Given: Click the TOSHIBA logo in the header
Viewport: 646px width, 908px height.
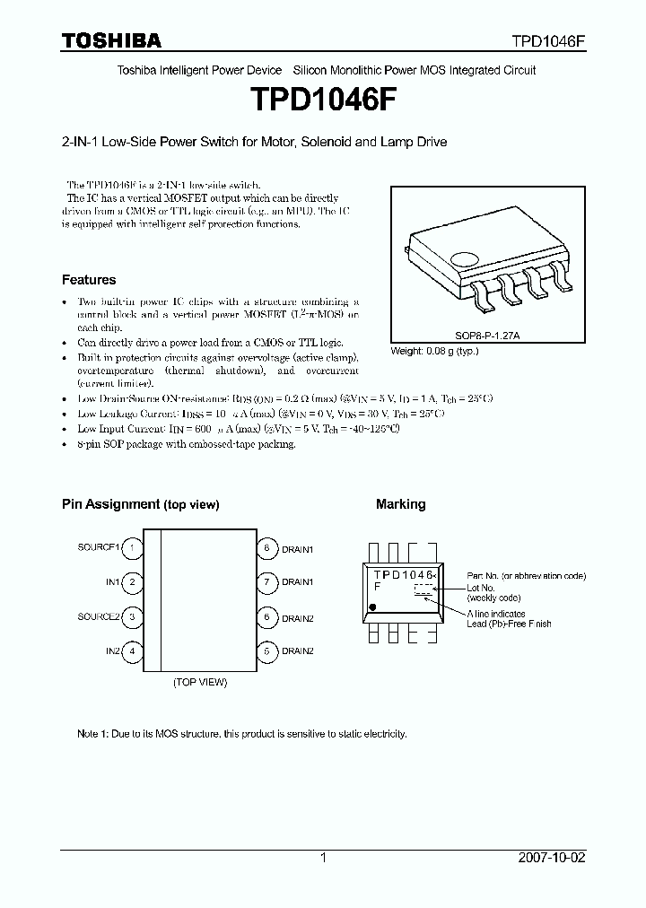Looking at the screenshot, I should click(x=111, y=40).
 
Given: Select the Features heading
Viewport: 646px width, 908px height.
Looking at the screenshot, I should click(x=89, y=280).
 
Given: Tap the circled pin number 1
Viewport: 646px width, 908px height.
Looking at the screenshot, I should click(x=132, y=547).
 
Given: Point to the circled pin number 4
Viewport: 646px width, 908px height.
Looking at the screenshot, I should click(x=132, y=650).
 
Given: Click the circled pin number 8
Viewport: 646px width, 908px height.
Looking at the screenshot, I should click(x=266, y=547).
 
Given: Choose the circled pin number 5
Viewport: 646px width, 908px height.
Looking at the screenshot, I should click(x=266, y=650).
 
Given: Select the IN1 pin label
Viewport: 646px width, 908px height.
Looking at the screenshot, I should click(x=112, y=582).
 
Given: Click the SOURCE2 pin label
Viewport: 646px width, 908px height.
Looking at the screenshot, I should click(x=98, y=617).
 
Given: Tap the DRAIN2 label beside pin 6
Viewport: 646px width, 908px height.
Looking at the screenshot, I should click(x=298, y=617).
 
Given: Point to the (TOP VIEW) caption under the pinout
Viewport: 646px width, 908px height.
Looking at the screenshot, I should click(x=200, y=682).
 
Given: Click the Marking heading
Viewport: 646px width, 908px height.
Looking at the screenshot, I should click(x=400, y=504).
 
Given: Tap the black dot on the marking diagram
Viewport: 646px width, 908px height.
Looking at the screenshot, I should click(x=372, y=607).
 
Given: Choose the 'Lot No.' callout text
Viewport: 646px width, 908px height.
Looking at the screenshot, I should click(x=481, y=587).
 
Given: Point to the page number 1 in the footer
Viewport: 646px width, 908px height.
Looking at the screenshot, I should click(x=323, y=858).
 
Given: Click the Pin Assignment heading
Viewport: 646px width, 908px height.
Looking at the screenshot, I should click(x=140, y=504).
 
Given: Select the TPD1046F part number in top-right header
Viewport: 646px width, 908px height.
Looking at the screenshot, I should click(x=548, y=41).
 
